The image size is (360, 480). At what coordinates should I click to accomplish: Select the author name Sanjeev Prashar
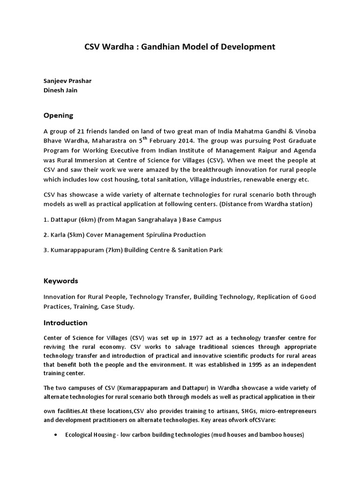tap(67, 81)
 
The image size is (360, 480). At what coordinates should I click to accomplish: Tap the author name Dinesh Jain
tap(60, 90)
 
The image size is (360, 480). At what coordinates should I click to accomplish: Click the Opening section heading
tap(59, 115)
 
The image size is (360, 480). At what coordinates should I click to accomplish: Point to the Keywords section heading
tap(60, 281)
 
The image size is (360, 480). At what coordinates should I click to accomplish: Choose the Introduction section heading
tap(65, 322)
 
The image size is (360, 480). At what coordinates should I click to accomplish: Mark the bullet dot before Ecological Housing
tap(56, 435)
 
